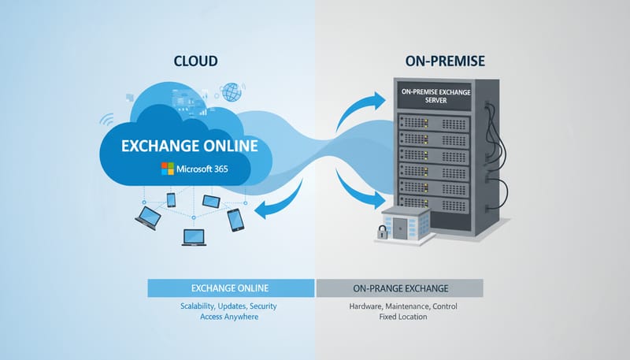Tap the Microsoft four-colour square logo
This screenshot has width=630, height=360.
tap(168, 169)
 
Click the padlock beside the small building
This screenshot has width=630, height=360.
tap(381, 232)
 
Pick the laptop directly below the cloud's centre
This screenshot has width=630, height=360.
tap(194, 236)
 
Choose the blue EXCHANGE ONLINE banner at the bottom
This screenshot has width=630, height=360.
tap(231, 287)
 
